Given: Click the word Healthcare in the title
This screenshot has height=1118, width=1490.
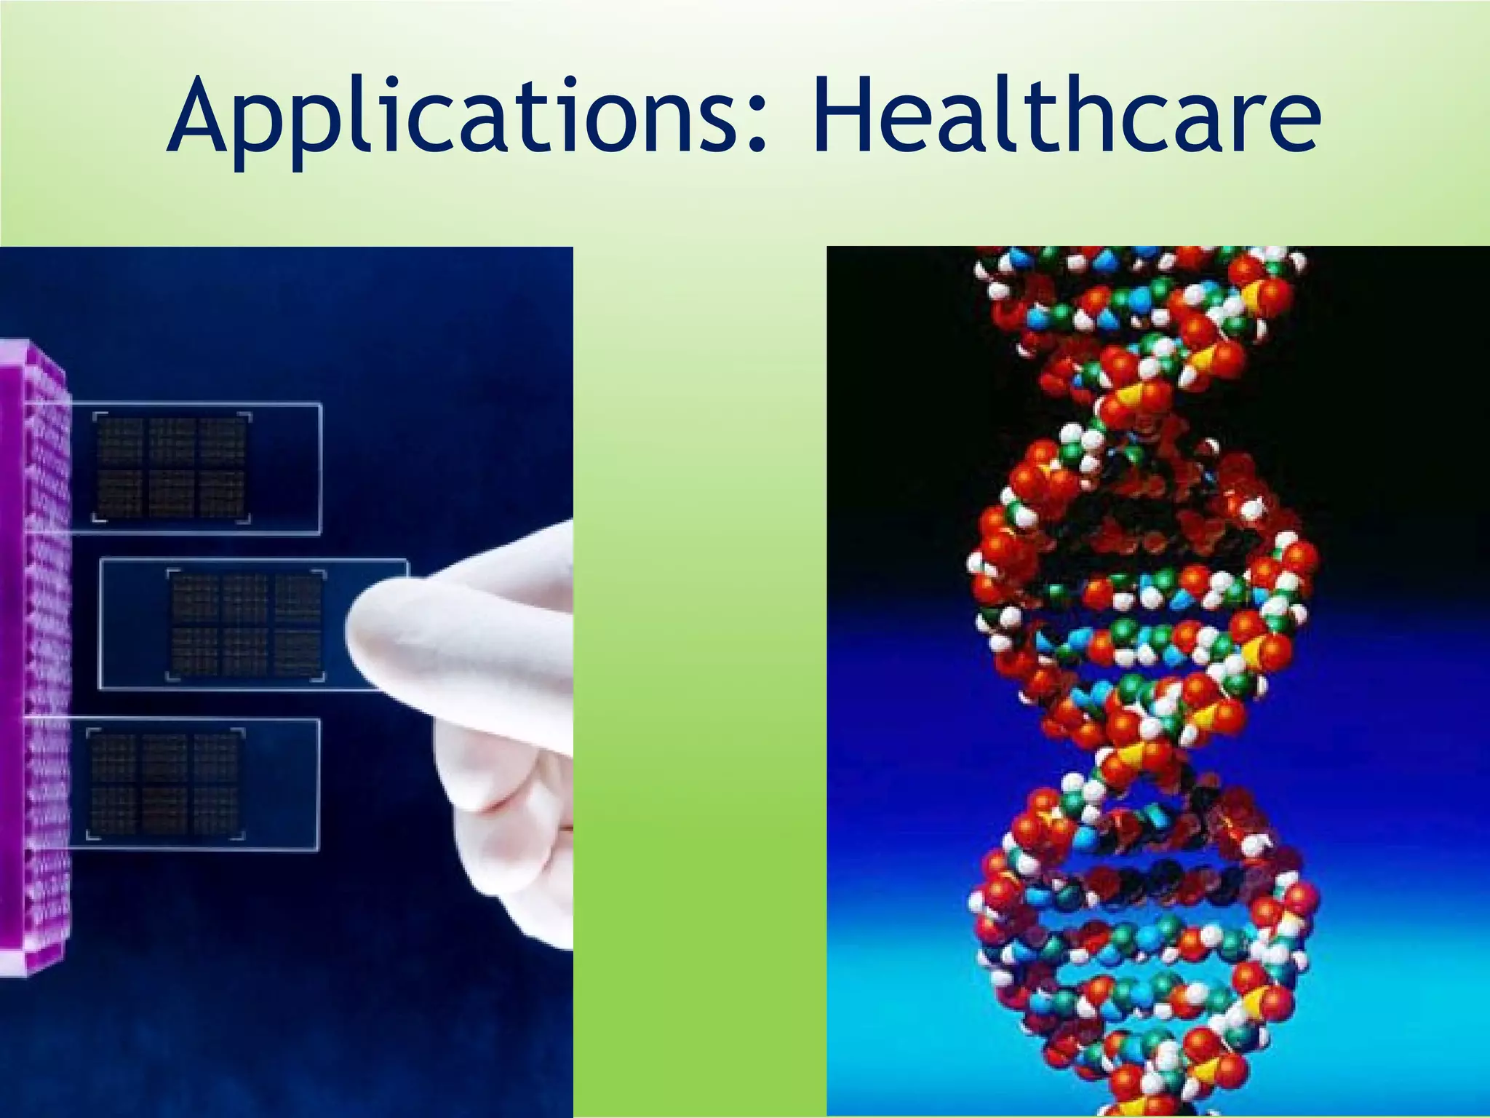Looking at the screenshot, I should pyautogui.click(x=1066, y=116).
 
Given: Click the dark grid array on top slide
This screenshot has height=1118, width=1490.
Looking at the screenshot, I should pyautogui.click(x=172, y=468).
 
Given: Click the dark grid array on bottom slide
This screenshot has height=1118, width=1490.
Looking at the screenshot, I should pyautogui.click(x=166, y=785).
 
